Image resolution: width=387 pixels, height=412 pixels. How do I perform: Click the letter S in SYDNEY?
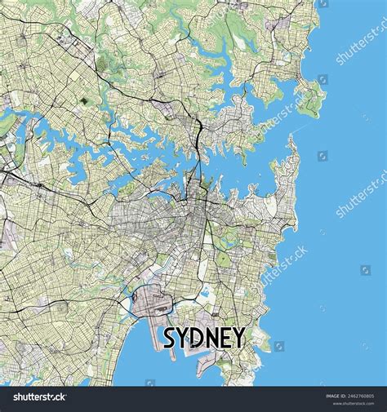[172, 338]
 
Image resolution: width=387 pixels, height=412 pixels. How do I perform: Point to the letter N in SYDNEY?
[217, 338]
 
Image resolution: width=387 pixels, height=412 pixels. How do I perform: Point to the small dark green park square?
[87, 102]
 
